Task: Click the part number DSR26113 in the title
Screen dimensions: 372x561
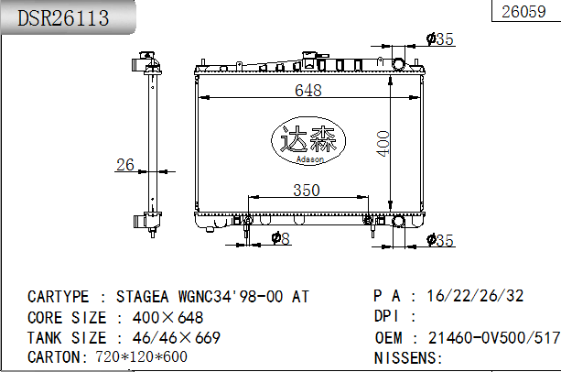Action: (63, 17)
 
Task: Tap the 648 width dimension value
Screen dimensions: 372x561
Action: (307, 90)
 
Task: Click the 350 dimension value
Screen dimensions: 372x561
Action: (306, 191)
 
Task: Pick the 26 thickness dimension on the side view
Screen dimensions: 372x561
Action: (124, 165)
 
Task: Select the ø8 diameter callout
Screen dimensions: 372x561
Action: (281, 239)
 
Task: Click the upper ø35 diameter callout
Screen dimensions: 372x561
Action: (440, 38)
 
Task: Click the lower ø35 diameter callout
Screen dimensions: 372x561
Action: (441, 241)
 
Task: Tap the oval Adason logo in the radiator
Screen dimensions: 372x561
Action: (307, 142)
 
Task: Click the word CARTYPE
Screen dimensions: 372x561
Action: (59, 297)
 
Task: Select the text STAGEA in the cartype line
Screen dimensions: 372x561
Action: (147, 297)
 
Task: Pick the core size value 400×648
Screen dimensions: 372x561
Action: (168, 317)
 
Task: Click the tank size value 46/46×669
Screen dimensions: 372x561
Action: (176, 337)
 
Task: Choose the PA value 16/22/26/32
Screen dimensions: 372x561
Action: (475, 296)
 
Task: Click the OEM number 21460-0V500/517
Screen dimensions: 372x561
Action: (494, 337)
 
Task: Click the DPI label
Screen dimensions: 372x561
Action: (388, 317)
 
